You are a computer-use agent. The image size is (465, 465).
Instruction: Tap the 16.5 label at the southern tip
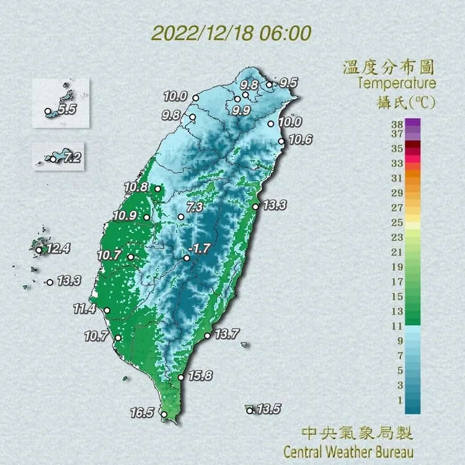(142, 412)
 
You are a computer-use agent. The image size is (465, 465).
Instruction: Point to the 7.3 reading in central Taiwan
(195, 208)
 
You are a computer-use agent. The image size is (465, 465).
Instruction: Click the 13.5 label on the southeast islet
(269, 409)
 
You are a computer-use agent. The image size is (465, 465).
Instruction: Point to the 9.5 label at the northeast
(289, 82)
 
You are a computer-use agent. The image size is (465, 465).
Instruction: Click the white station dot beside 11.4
(107, 311)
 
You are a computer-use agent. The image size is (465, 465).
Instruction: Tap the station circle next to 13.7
(207, 336)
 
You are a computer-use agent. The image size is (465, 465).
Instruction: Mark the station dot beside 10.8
(158, 188)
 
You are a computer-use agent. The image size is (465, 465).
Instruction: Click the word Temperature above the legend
(397, 83)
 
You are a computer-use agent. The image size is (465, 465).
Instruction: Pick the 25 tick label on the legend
(396, 222)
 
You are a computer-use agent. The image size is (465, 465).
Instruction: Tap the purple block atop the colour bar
(412, 122)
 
